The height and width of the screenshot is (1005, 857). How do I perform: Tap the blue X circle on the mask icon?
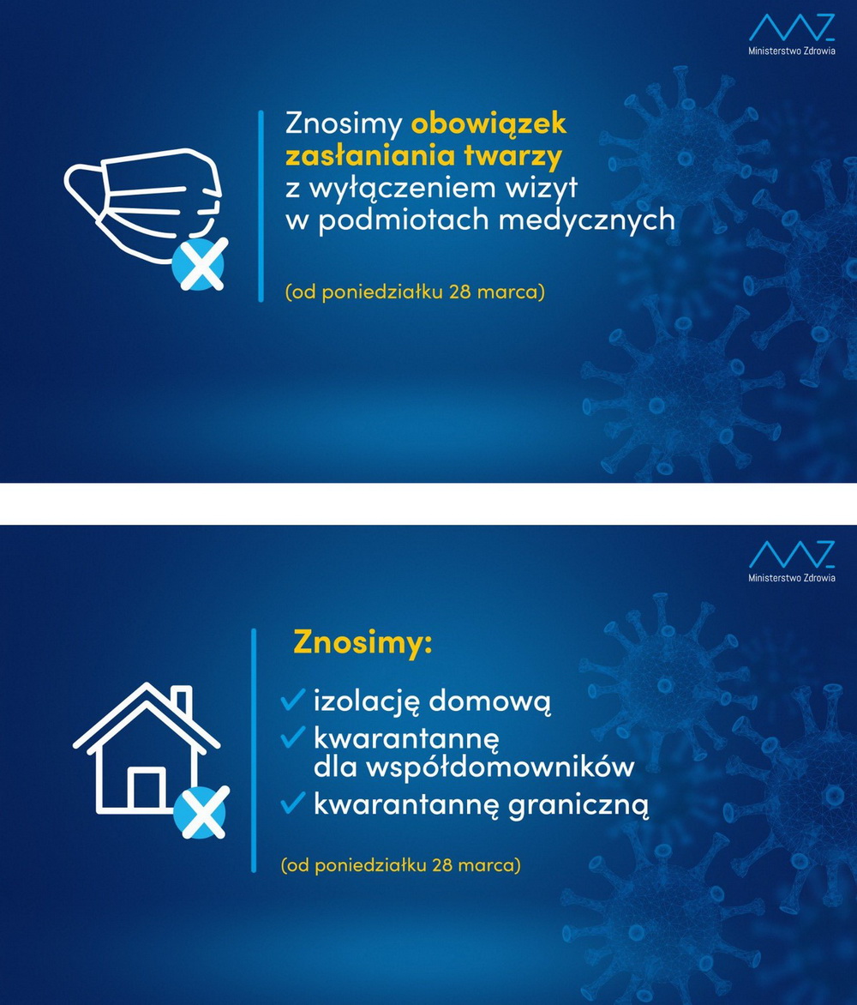pos(200,264)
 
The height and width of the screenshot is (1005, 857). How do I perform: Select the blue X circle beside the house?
pos(201,812)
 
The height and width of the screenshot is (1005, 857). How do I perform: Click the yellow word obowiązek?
pos(488,123)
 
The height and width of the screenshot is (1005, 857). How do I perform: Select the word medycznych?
pos(587,220)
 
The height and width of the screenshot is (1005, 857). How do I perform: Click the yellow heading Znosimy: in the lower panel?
pos(363,642)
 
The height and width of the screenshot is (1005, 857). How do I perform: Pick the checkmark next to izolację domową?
pos(293,699)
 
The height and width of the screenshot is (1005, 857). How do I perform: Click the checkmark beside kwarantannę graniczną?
pos(293,802)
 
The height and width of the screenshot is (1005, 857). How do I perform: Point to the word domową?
pos(489,701)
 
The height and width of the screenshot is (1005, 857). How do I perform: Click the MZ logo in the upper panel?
pos(792,28)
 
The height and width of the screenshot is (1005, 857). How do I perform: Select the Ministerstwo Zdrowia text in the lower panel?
pos(792,577)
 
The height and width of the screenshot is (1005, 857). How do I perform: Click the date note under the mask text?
pos(415,292)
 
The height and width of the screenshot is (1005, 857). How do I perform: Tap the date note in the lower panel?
pos(401,865)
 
